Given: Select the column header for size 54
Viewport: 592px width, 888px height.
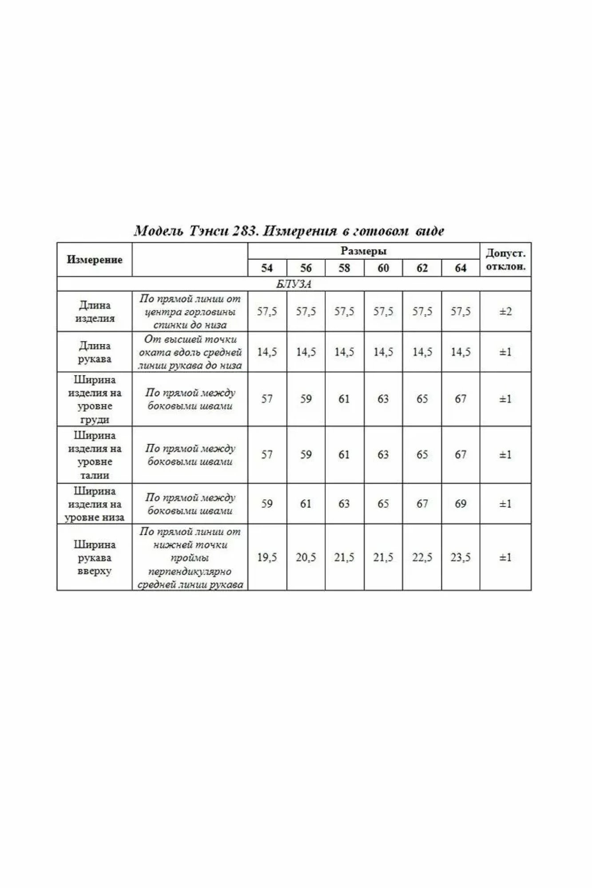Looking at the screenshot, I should click(267, 268).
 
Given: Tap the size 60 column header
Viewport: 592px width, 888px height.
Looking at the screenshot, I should click(383, 268).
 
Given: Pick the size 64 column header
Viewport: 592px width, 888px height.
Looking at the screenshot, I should click(461, 268).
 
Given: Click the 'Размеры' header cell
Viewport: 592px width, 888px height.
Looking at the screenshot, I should click(363, 251).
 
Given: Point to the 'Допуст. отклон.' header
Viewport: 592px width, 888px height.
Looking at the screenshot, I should click(505, 260).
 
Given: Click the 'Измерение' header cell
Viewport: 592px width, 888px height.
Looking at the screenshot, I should click(94, 260).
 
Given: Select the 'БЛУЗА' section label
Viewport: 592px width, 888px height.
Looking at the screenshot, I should click(294, 284).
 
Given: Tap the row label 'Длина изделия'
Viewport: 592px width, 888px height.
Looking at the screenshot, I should click(94, 312).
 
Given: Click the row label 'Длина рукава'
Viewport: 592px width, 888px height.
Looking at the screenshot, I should click(94, 352).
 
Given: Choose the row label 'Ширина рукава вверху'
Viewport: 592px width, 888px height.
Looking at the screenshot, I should click(94, 558).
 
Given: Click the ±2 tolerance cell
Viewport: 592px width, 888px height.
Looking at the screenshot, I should click(505, 312).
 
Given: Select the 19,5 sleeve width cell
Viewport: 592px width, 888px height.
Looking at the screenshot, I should click(267, 558).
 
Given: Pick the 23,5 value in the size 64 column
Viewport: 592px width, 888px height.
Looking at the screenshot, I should click(461, 558).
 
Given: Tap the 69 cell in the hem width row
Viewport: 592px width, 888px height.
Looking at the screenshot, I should click(461, 504).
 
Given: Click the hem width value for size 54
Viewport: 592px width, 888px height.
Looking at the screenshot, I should click(267, 504).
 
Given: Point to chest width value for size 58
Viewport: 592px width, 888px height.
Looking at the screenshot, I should click(344, 399).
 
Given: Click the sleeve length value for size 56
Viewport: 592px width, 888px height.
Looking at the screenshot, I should click(306, 352).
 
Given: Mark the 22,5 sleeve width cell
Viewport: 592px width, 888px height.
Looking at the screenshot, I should click(422, 558).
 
